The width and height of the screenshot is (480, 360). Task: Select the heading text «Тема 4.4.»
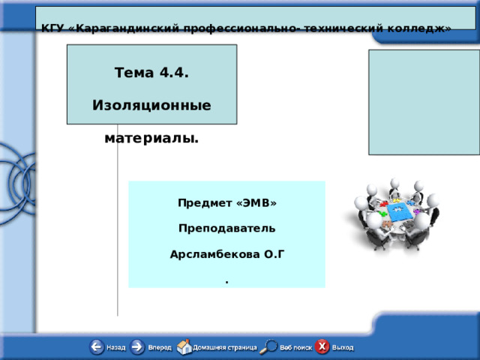(x=151, y=73)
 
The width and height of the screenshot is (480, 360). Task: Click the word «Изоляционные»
(x=151, y=105)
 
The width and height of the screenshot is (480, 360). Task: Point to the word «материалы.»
(x=151, y=138)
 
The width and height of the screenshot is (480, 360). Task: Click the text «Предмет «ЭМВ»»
(x=226, y=203)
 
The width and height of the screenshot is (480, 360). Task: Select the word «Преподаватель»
(x=226, y=228)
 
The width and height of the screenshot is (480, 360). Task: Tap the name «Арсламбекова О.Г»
(x=226, y=254)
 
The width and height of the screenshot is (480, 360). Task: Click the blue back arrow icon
(x=97, y=347)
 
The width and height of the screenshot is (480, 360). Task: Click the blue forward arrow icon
(x=138, y=347)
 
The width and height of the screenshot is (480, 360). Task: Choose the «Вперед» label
(x=159, y=348)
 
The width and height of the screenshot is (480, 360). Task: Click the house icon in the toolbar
(x=184, y=347)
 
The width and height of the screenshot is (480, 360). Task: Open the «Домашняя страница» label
(x=224, y=348)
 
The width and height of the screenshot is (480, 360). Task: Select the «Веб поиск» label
(x=296, y=348)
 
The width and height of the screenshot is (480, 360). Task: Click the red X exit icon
(x=322, y=347)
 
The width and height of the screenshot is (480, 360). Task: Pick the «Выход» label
(x=343, y=348)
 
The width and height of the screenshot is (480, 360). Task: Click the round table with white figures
(x=392, y=214)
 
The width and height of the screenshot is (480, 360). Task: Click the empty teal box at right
(x=424, y=102)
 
